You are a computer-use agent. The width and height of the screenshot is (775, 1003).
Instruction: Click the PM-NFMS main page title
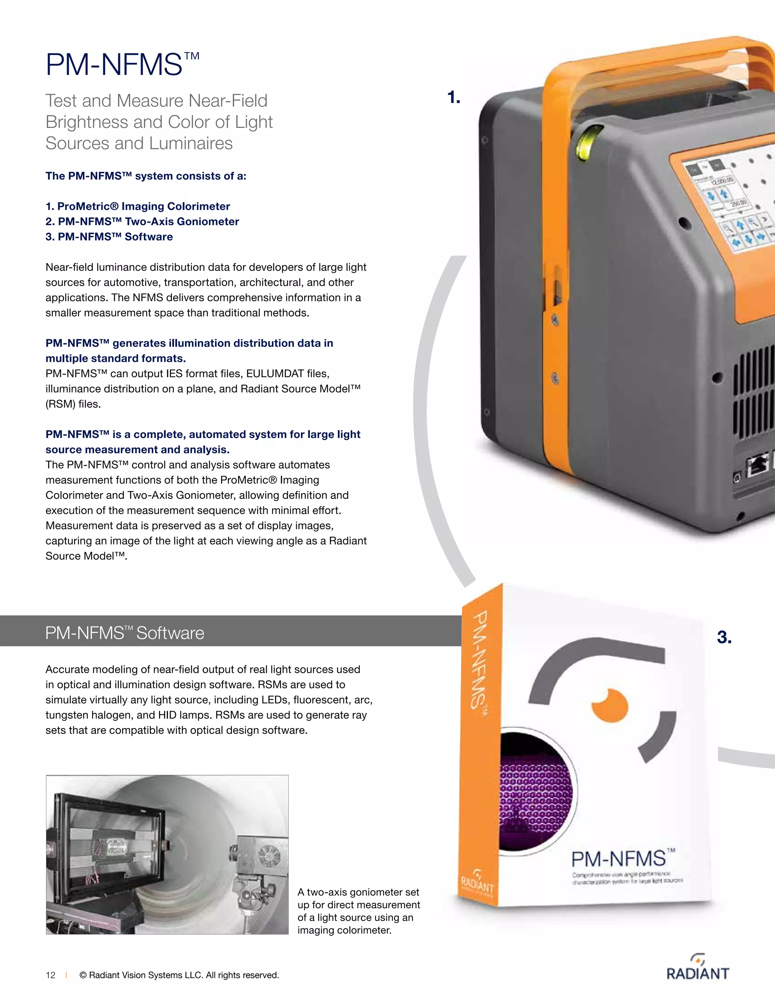(122, 64)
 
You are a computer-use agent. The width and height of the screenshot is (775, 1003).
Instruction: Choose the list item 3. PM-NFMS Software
(109, 237)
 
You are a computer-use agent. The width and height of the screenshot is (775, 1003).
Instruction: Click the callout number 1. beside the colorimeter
(454, 97)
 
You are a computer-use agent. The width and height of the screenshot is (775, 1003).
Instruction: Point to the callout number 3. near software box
(724, 637)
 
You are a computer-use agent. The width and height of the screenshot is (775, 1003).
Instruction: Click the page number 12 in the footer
(50, 975)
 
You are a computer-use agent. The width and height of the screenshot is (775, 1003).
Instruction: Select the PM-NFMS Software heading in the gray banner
(124, 633)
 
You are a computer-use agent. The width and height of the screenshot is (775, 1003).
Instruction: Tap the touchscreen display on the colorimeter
(730, 207)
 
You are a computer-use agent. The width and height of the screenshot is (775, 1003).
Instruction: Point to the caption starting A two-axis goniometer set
(358, 911)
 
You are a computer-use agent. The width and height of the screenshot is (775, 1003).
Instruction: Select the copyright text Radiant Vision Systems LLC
(179, 975)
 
